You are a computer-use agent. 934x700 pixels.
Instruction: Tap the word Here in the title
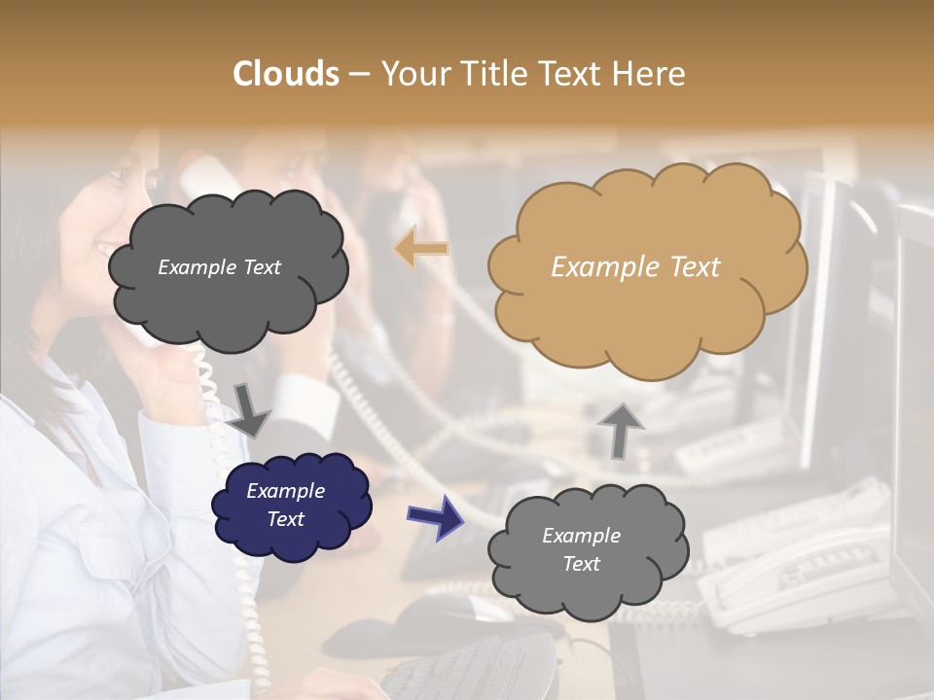click(x=653, y=74)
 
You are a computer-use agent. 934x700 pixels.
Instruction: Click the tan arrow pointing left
click(x=422, y=250)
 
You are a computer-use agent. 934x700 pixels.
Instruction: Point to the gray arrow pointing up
click(x=621, y=429)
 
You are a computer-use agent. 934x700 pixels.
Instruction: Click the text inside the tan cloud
click(x=635, y=267)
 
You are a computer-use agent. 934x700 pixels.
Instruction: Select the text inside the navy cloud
click(x=285, y=506)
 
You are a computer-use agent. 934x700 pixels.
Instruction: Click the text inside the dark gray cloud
click(x=219, y=267)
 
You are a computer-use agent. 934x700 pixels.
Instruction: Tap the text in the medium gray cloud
click(x=581, y=550)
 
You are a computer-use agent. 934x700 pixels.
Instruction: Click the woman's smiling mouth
click(x=104, y=250)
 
